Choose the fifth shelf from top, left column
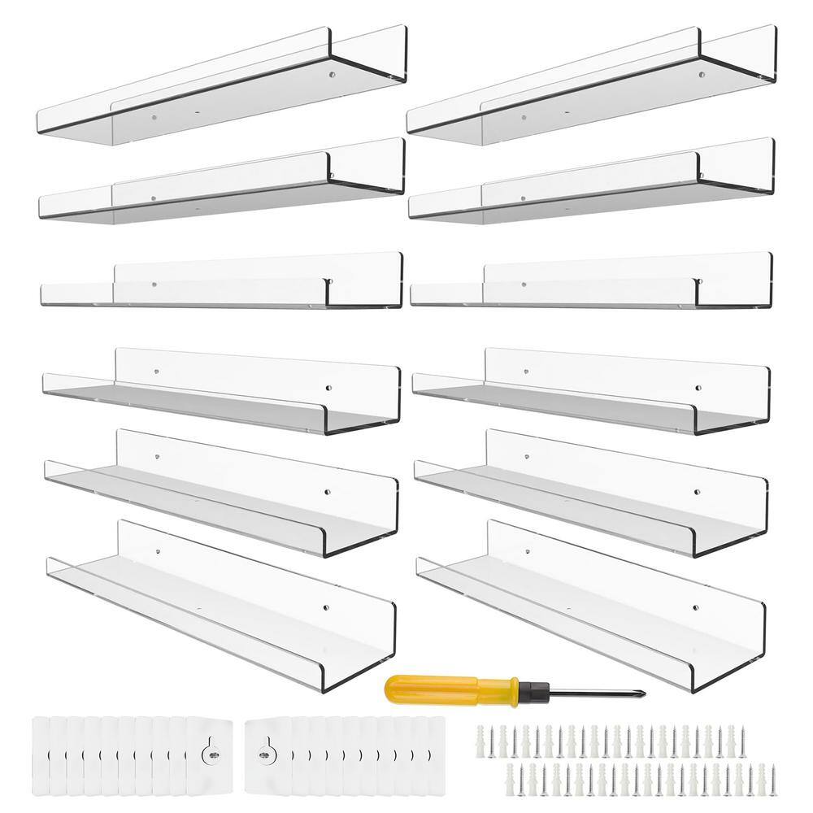[x=221, y=488]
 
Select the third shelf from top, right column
[x=590, y=285]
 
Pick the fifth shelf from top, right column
[x=590, y=488]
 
